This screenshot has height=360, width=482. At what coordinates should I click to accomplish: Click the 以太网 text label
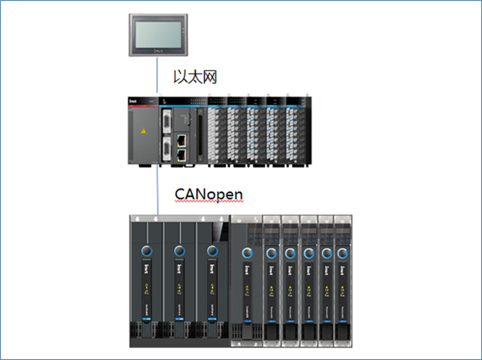click(x=196, y=77)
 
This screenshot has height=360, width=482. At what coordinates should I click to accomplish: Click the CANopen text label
click(x=207, y=195)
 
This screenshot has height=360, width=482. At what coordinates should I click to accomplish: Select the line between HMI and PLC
click(x=157, y=77)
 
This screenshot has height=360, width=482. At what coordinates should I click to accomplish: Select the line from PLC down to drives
click(x=157, y=192)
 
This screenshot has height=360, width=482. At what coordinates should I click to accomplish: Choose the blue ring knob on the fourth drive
click(x=248, y=254)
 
